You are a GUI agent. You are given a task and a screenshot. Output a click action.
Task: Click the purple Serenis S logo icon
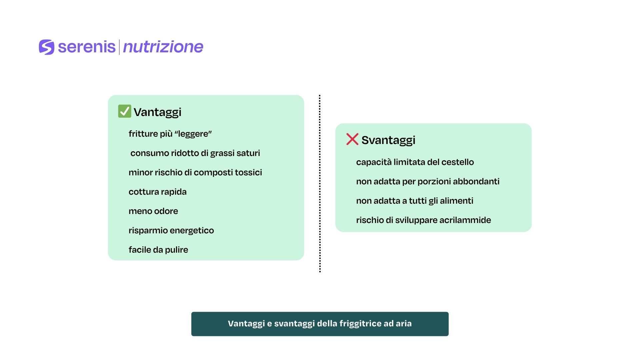[x=46, y=47]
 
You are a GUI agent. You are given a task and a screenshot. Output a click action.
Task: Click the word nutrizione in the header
[x=163, y=47]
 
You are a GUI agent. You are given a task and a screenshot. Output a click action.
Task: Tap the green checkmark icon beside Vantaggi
[x=125, y=111]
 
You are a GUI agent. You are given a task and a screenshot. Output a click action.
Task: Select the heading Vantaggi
[x=157, y=112]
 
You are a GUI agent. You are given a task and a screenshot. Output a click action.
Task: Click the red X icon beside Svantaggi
[x=352, y=139]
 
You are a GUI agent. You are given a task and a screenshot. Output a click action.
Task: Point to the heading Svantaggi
[x=388, y=140]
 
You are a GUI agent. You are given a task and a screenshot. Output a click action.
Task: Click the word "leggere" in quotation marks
[x=193, y=134]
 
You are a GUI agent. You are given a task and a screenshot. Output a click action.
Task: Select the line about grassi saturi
[x=195, y=153]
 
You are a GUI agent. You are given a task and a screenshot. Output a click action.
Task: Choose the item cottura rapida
[x=158, y=192]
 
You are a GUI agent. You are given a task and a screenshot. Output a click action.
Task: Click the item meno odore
[x=153, y=211]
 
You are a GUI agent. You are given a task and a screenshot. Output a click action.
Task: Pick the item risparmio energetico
[x=171, y=231]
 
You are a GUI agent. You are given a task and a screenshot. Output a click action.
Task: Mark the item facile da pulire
[x=158, y=250]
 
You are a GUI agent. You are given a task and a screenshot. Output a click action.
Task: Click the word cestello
[x=458, y=162]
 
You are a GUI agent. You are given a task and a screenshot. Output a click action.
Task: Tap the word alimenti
[x=457, y=201]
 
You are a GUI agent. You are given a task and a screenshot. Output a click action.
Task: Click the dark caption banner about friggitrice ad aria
[x=320, y=324]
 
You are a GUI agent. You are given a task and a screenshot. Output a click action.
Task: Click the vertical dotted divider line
[x=320, y=184]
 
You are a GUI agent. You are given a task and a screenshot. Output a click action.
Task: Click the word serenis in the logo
[x=87, y=47]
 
